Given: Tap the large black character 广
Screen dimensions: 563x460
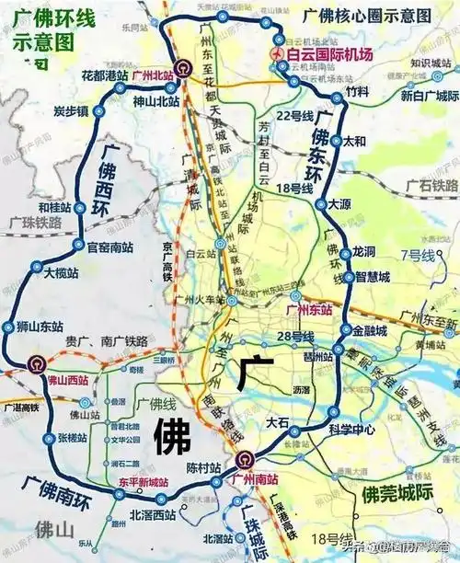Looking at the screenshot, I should click(x=251, y=374).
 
